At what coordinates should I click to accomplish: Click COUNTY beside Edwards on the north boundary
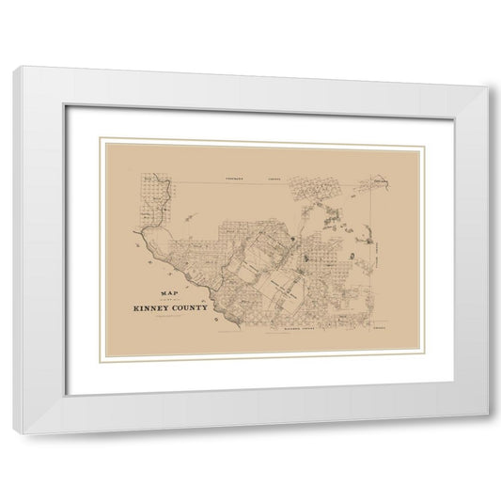click(275, 177)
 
